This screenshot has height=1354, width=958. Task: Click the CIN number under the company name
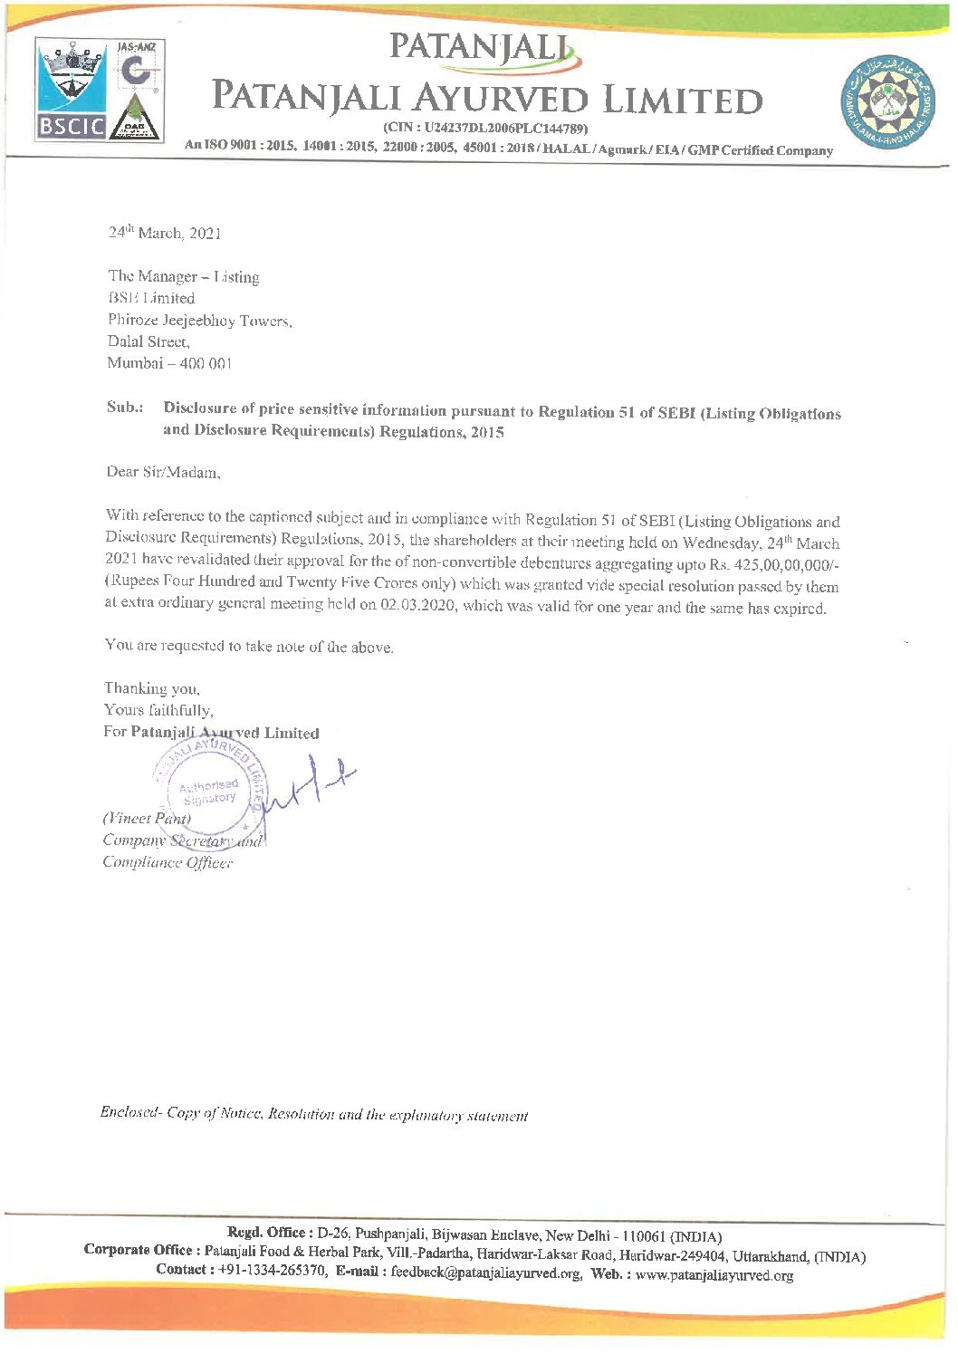tap(486, 128)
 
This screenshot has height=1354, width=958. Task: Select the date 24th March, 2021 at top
tap(165, 233)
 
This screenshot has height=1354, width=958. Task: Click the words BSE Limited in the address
tap(151, 298)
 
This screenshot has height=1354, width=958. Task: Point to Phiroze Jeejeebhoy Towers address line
tap(200, 320)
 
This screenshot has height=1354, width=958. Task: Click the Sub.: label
tap(125, 408)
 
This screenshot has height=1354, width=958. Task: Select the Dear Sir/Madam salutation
tap(164, 472)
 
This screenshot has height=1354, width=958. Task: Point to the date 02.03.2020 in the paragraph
tap(417, 605)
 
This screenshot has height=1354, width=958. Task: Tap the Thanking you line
tap(152, 689)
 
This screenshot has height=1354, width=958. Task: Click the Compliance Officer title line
tap(168, 862)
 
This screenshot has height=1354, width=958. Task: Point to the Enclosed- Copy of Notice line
tap(313, 1115)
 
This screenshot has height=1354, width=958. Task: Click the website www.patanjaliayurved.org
tap(714, 1275)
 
